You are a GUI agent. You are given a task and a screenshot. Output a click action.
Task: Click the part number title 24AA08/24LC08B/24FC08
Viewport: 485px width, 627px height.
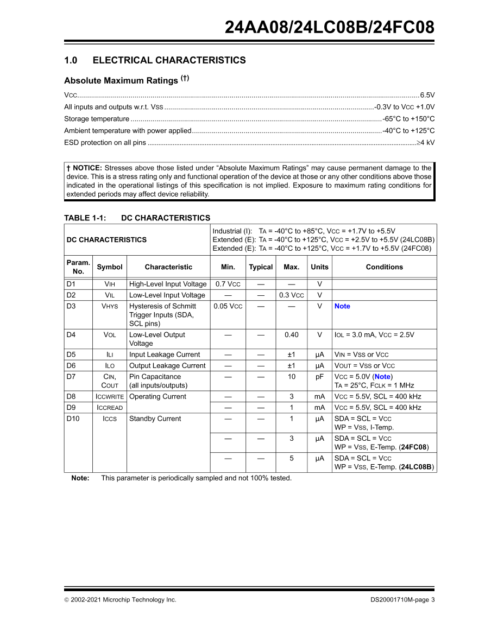(330, 27)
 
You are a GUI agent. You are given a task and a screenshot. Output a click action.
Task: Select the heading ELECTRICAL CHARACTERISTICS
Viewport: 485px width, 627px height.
(169, 60)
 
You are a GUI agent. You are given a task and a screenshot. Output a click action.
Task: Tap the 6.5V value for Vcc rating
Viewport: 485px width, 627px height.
(427, 94)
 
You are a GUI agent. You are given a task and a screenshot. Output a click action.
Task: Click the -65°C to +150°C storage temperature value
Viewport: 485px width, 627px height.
(408, 119)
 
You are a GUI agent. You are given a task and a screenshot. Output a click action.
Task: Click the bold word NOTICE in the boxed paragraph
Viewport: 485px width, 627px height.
(87, 168)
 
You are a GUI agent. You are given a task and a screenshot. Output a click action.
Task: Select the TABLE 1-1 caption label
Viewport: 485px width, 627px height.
(85, 218)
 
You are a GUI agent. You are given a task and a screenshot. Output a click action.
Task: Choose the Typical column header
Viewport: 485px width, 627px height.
(261, 267)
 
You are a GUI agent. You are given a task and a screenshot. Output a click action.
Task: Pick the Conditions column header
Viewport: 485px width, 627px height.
(384, 267)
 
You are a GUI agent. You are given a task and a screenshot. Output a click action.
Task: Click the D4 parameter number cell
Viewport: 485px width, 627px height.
(71, 335)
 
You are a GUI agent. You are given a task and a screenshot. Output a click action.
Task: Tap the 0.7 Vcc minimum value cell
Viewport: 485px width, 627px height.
(228, 284)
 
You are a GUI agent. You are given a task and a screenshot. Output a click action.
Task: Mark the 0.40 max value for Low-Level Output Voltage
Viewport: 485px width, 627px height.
(291, 335)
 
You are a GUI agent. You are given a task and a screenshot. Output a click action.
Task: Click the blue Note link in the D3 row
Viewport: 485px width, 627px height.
(342, 306)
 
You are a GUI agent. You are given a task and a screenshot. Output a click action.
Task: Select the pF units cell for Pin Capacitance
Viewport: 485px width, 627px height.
(319, 377)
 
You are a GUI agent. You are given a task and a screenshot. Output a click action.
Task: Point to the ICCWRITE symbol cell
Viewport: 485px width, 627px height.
(110, 397)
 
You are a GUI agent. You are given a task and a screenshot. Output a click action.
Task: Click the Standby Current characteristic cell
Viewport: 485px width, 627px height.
(155, 419)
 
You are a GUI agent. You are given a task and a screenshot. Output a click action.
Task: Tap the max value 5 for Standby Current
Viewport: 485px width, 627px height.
(291, 458)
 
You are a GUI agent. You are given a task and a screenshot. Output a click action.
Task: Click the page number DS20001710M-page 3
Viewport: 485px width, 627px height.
(399, 600)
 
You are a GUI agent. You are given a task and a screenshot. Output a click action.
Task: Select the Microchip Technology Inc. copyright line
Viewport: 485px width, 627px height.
(120, 600)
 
